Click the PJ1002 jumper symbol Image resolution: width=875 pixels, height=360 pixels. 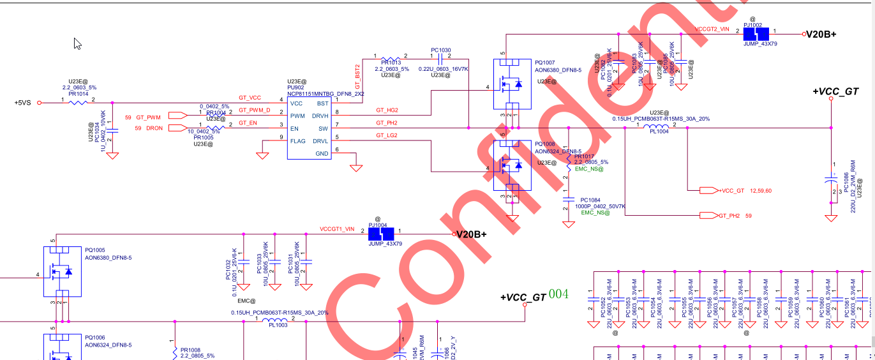click(760, 34)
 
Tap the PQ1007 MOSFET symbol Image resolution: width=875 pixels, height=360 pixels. click(511, 83)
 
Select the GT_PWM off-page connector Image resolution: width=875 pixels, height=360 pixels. click(177, 116)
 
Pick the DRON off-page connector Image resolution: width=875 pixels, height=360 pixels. click(177, 128)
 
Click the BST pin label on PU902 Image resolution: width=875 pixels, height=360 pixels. click(322, 103)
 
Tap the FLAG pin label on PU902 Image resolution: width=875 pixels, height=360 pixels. click(297, 141)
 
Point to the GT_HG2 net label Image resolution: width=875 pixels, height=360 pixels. click(387, 110)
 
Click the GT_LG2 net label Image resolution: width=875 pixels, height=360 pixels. click(387, 135)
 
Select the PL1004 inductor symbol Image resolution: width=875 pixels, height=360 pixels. click(658, 126)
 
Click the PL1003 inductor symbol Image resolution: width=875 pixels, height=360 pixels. click(277, 319)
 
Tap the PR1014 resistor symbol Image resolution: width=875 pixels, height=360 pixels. click(78, 101)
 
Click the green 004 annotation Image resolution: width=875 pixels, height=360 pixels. click(558, 294)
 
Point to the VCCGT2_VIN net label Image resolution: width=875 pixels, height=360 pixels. click(712, 29)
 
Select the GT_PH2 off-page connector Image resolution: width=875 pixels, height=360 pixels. click(708, 215)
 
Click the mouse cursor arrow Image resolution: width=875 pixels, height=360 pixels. click(77, 43)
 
